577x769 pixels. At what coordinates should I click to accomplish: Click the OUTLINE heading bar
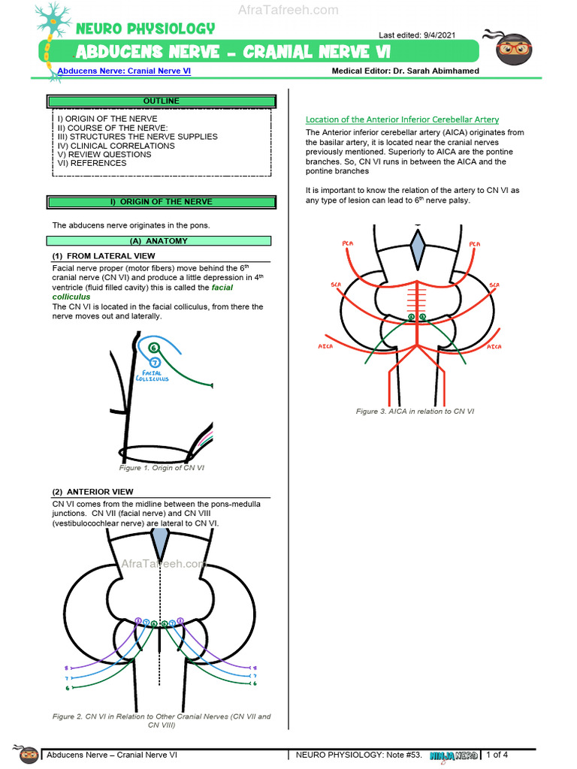161,101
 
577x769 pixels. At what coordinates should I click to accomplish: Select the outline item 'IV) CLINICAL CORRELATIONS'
116,146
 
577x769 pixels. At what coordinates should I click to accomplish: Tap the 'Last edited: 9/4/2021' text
416,35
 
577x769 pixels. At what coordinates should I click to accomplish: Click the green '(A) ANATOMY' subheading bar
159,241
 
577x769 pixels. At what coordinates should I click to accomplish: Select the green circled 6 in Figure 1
153,348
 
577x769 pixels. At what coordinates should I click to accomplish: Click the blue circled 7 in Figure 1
154,362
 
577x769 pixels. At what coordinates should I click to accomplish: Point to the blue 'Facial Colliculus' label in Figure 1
152,375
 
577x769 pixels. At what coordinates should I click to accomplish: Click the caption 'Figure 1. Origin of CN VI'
162,468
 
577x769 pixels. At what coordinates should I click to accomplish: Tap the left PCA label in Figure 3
348,243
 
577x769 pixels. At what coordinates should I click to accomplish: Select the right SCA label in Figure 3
494,285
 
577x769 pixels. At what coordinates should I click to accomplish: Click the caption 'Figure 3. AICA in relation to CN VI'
415,411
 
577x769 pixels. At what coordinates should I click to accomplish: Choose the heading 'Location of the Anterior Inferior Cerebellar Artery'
402,119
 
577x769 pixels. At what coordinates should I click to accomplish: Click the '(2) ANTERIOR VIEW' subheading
92,492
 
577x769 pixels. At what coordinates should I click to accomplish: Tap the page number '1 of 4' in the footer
497,755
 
